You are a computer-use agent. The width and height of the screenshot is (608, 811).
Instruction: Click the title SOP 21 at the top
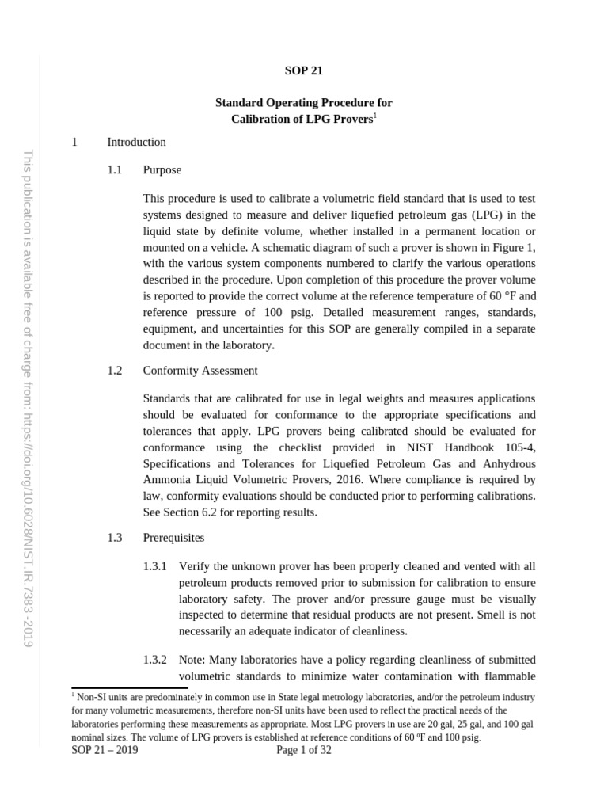(x=304, y=70)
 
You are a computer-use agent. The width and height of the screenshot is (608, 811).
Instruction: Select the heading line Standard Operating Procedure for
(x=304, y=103)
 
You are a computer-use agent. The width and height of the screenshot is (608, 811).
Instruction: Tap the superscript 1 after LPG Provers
(x=375, y=116)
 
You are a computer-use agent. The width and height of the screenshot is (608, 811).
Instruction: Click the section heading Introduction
(x=136, y=142)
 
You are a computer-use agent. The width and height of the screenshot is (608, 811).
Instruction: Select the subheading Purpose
(x=161, y=169)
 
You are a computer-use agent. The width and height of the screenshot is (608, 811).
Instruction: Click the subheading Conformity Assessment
(x=199, y=370)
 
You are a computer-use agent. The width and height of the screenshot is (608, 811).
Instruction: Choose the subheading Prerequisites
(x=173, y=538)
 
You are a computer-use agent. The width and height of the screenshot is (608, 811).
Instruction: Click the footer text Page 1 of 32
(x=304, y=751)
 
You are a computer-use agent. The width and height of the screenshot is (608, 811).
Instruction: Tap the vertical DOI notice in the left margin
(x=25, y=396)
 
